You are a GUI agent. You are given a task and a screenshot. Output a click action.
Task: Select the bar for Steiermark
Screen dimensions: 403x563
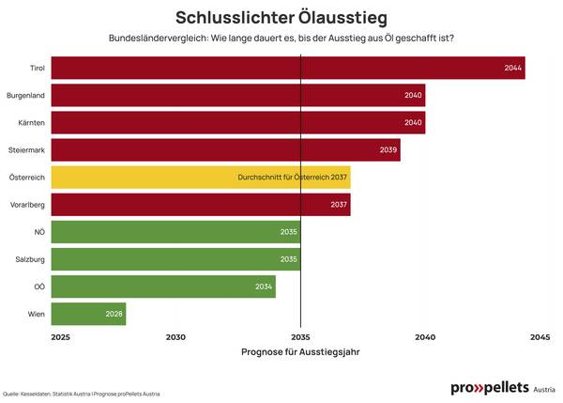point(225,149)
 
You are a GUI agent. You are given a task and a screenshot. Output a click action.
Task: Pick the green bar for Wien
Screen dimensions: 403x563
point(88,314)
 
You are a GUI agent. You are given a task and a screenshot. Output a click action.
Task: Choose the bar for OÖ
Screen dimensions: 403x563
point(163,287)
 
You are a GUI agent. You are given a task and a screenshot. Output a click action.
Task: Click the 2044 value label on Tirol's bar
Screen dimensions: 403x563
point(512,68)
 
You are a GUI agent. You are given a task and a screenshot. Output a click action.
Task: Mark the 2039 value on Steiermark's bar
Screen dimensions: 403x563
point(388,149)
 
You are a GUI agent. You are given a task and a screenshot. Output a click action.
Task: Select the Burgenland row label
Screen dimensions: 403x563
point(26,95)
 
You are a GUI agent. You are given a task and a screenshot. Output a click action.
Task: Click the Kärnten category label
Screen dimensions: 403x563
point(32,122)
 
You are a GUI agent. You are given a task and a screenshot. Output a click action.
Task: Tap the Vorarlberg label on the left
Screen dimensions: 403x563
point(28,204)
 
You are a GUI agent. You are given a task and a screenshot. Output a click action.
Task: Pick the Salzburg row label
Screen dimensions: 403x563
point(30,258)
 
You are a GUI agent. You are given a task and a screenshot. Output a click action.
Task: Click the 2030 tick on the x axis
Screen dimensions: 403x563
point(175,336)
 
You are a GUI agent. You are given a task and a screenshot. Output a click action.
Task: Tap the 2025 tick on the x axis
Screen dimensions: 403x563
point(61,336)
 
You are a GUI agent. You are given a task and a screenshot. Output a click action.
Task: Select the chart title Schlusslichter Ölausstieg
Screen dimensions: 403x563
point(281,18)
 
